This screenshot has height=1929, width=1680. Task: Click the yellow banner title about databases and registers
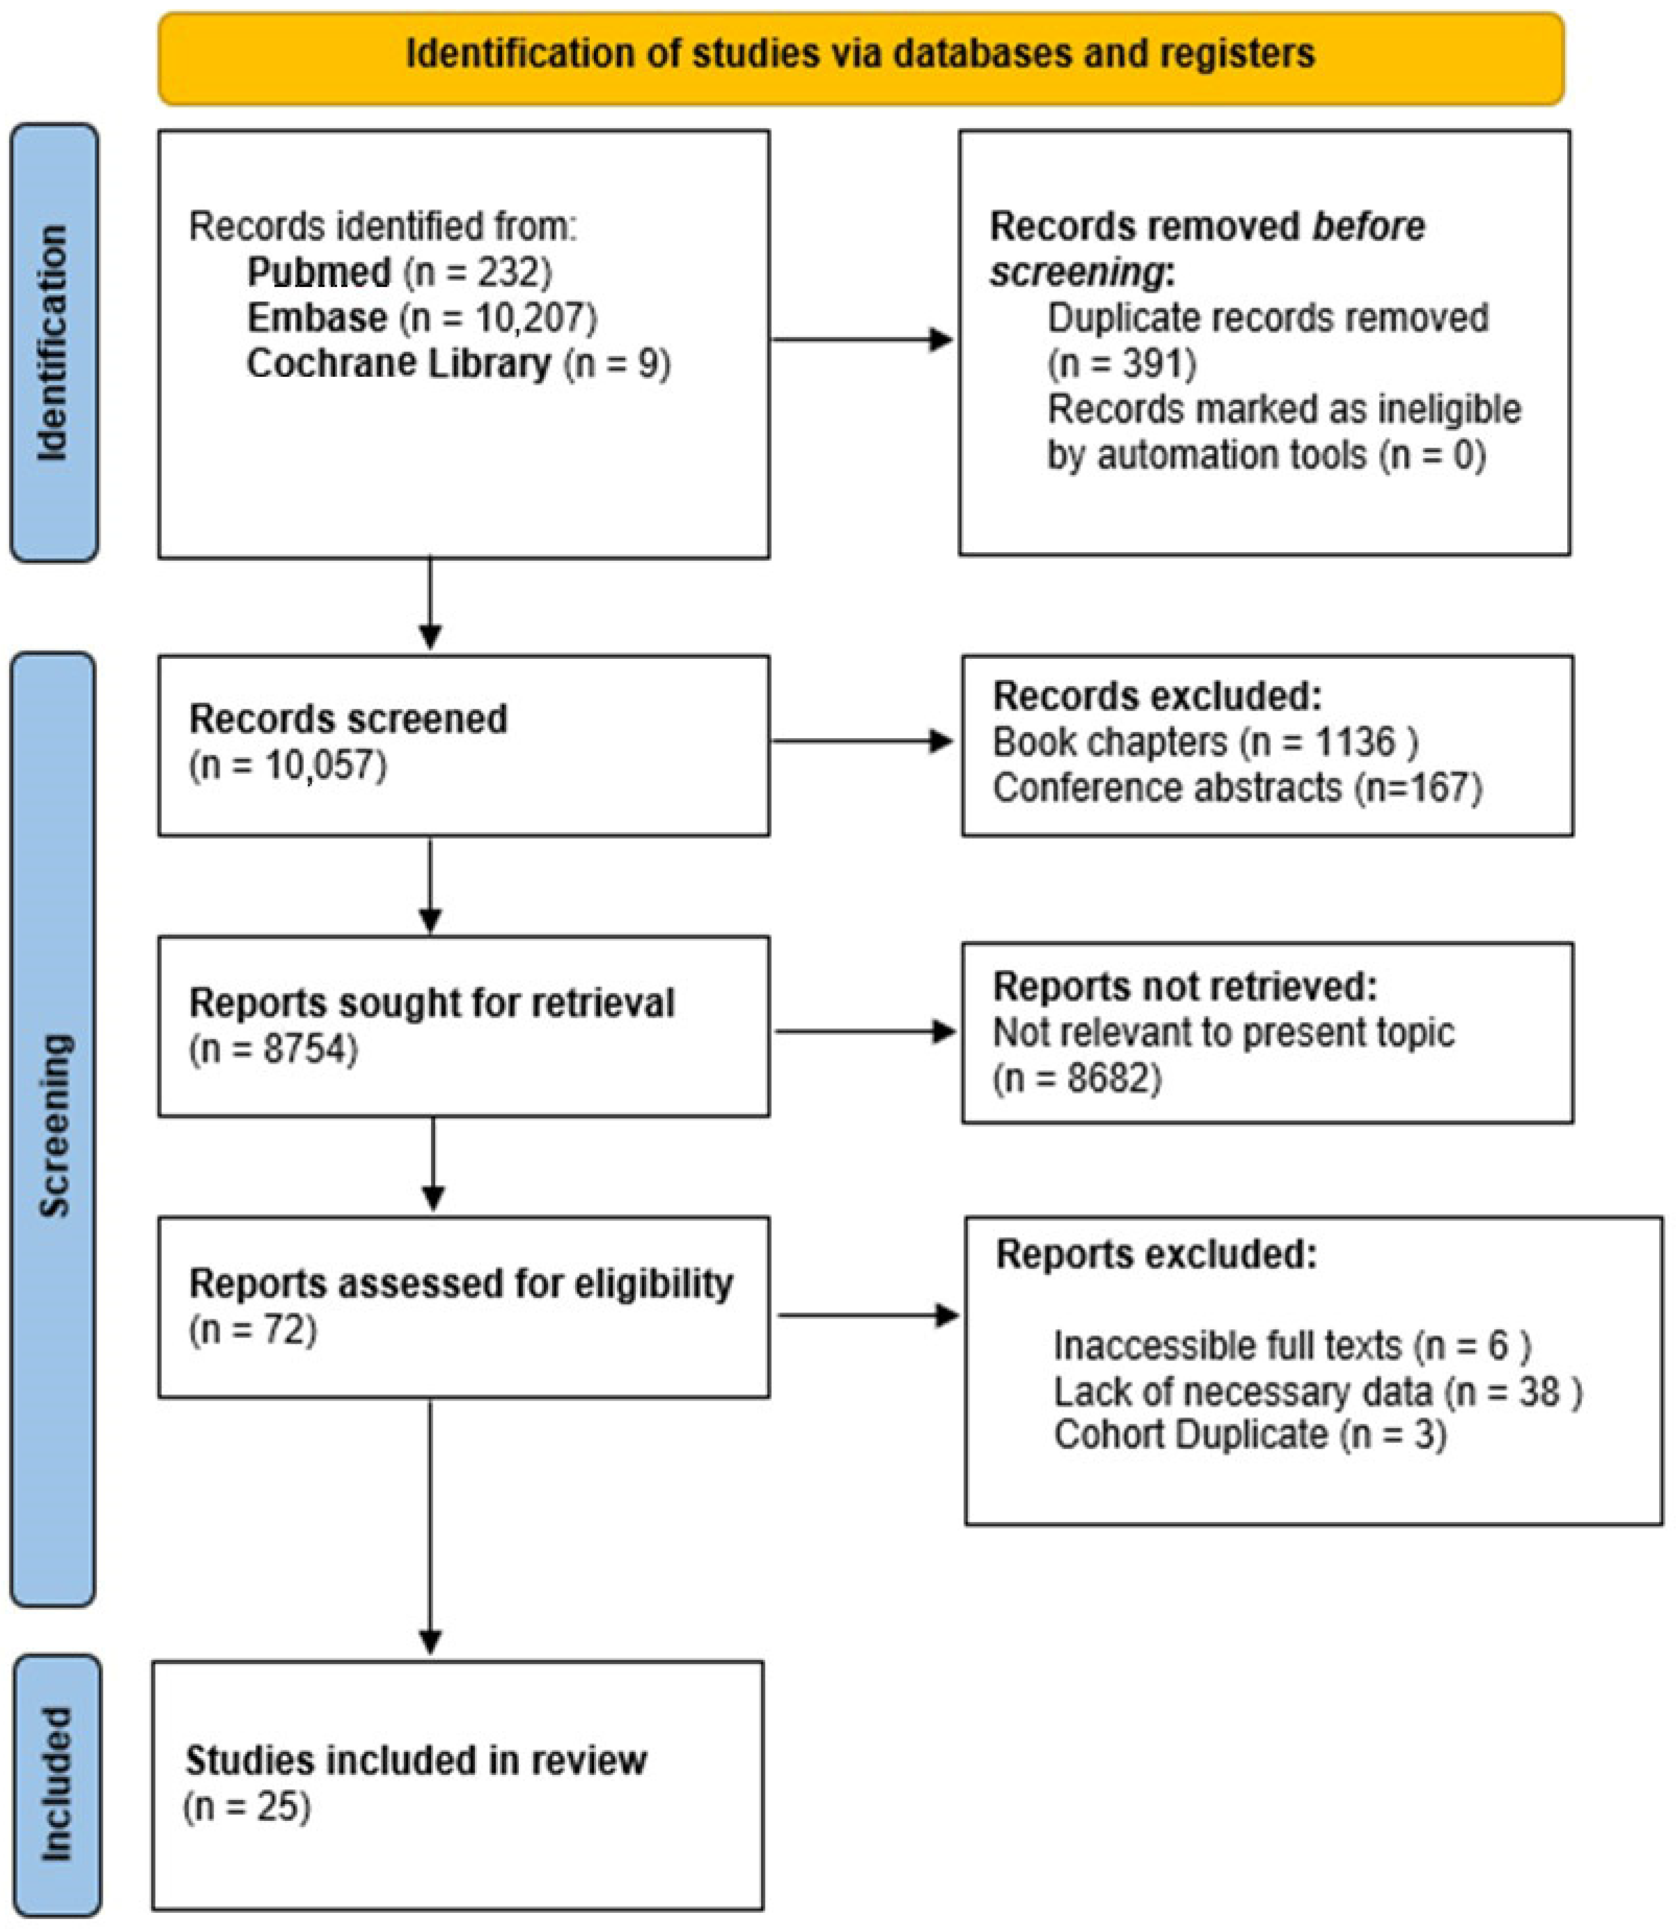tap(860, 54)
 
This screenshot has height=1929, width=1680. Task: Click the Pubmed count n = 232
tap(478, 273)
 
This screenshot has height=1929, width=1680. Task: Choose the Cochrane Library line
tap(459, 364)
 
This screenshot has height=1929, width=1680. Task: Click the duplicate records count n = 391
tap(1121, 364)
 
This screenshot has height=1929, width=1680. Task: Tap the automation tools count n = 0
tap(1432, 455)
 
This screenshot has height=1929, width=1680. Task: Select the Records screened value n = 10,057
tap(288, 765)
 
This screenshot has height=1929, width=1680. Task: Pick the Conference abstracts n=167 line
tap(1236, 788)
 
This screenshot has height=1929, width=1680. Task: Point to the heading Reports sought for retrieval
tap(431, 1003)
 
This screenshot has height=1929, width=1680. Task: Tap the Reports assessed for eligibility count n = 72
tap(253, 1330)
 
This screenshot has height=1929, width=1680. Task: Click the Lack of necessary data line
tap(1317, 1392)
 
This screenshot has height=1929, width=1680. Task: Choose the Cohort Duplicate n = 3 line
tap(1250, 1435)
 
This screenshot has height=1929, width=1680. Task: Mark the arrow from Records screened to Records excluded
tap(860, 741)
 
